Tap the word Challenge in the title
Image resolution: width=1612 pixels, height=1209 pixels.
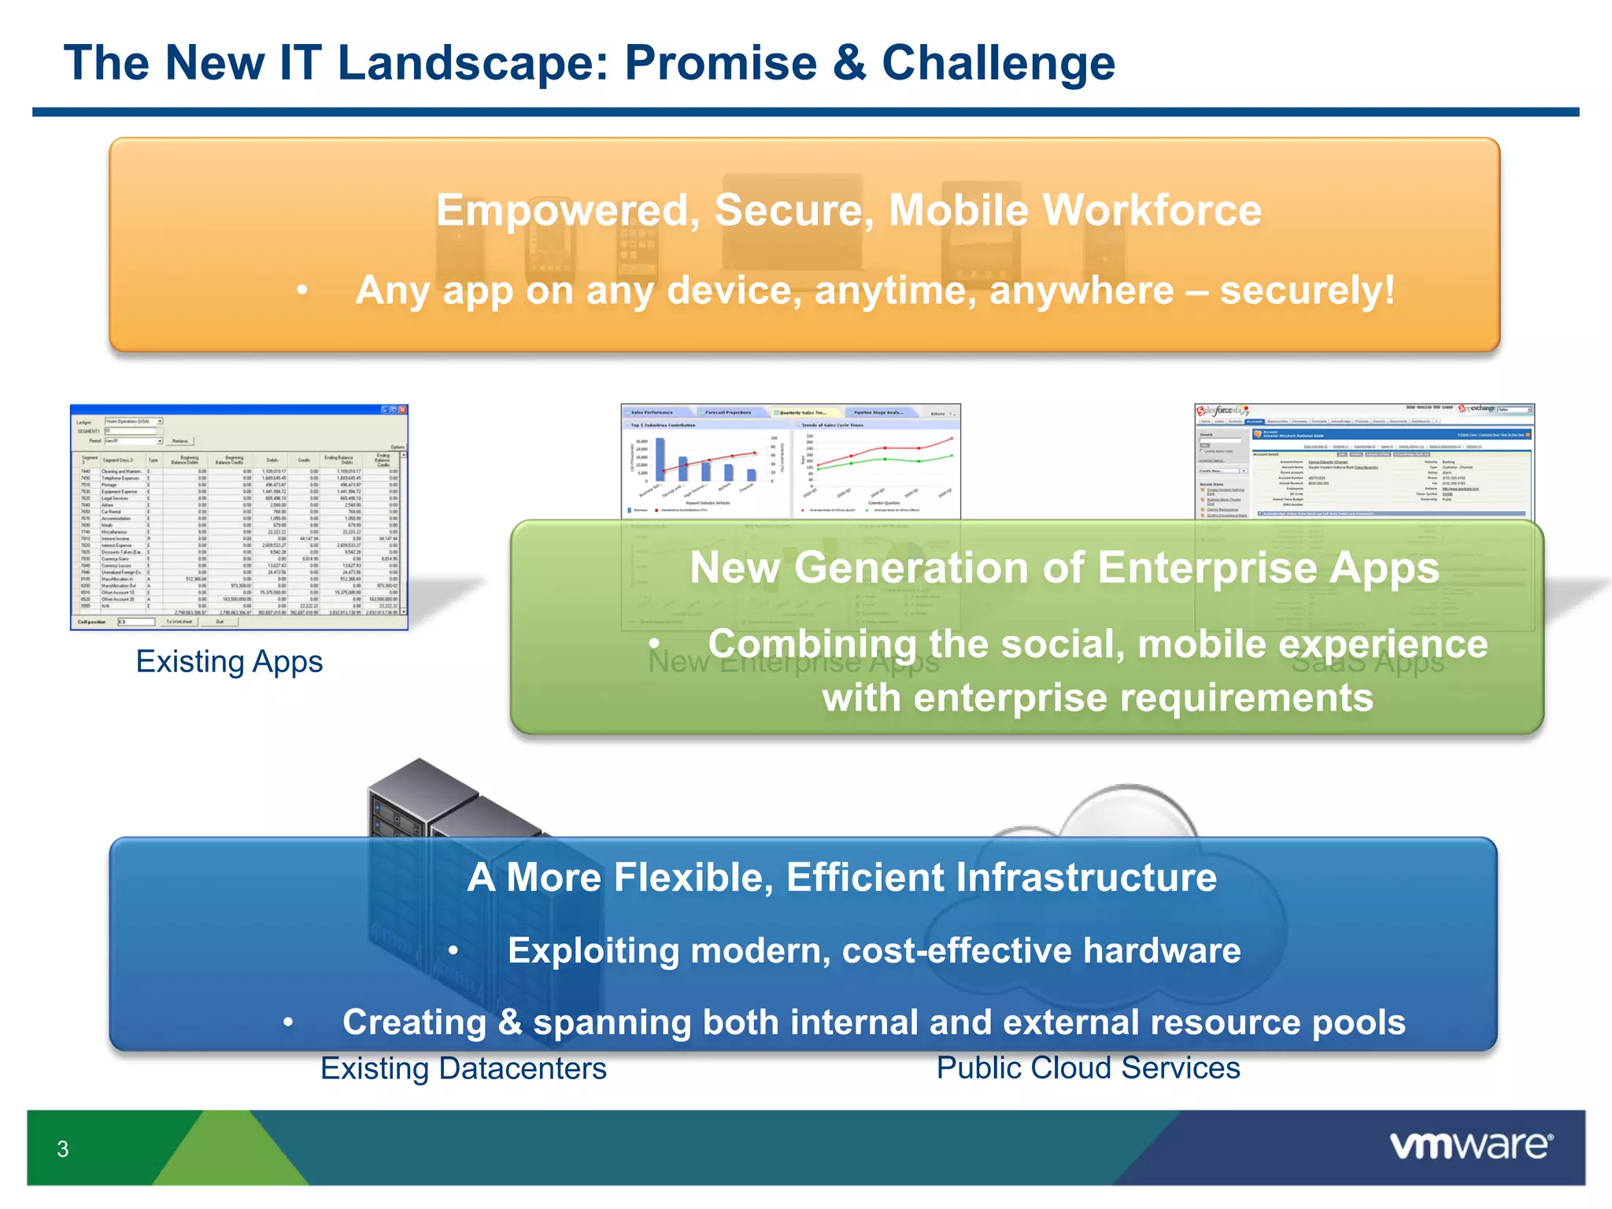(x=998, y=63)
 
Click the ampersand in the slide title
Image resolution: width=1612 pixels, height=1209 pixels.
(x=849, y=63)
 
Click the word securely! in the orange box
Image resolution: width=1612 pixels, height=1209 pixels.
(x=1307, y=290)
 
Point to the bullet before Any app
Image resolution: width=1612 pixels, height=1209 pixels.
(x=302, y=291)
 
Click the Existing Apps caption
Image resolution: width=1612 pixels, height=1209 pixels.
(x=229, y=661)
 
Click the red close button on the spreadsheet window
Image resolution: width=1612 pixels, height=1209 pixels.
(x=403, y=410)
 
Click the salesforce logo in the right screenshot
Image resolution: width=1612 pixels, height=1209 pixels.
(x=1221, y=411)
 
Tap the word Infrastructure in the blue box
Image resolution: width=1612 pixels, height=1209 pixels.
(x=1086, y=877)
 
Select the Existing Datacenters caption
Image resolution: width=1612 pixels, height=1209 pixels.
(x=464, y=1068)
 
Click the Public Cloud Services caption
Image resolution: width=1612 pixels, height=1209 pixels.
(x=1088, y=1068)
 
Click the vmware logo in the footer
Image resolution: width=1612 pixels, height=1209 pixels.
(x=1470, y=1146)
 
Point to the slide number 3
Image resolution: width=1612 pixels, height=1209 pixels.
(x=63, y=1149)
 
